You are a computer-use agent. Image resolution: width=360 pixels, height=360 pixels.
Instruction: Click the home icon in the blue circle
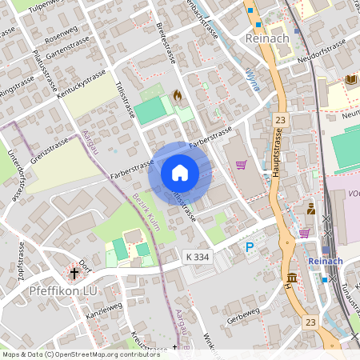pos(179,173)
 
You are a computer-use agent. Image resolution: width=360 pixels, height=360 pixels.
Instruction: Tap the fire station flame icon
pos(177,94)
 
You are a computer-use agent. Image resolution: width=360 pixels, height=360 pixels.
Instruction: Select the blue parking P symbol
pos(250,248)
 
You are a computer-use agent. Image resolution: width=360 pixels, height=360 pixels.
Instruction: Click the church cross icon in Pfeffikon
pos(74,274)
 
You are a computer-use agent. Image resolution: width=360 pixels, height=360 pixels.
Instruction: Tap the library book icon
pos(351,79)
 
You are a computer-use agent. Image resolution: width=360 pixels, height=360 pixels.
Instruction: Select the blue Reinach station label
pos(325,261)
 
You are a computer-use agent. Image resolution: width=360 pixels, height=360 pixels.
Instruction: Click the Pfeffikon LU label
pos(63,290)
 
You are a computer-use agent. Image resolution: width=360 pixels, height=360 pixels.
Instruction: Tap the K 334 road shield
pos(198,256)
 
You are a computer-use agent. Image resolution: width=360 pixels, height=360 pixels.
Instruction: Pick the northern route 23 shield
pos(279,119)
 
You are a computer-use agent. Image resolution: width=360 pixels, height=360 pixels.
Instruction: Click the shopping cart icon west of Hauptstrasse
pos(241,165)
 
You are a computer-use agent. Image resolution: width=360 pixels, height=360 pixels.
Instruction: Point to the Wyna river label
pos(251,81)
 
